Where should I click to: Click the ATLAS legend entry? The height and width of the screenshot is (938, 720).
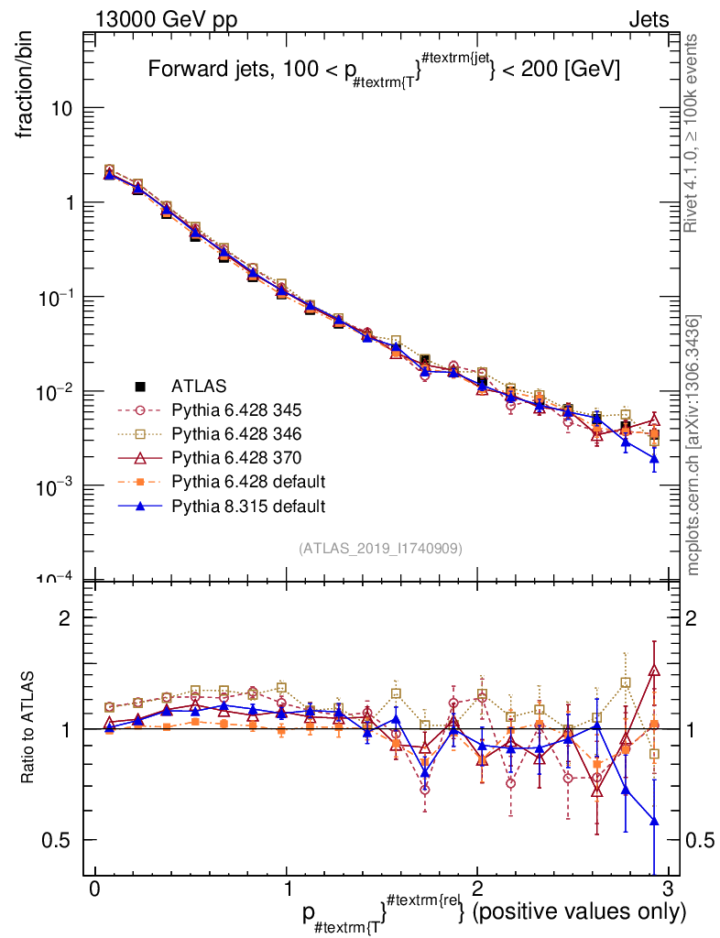point(199,386)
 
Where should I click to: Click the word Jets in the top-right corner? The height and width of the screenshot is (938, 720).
point(648,19)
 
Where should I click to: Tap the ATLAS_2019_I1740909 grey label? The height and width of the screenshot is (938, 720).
point(379,548)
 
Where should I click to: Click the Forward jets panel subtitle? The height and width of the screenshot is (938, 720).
point(385,71)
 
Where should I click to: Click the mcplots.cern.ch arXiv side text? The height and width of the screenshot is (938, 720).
point(693,444)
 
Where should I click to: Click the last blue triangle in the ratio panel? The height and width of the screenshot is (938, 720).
point(654,822)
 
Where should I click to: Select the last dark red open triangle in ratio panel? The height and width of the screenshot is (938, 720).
point(654,671)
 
